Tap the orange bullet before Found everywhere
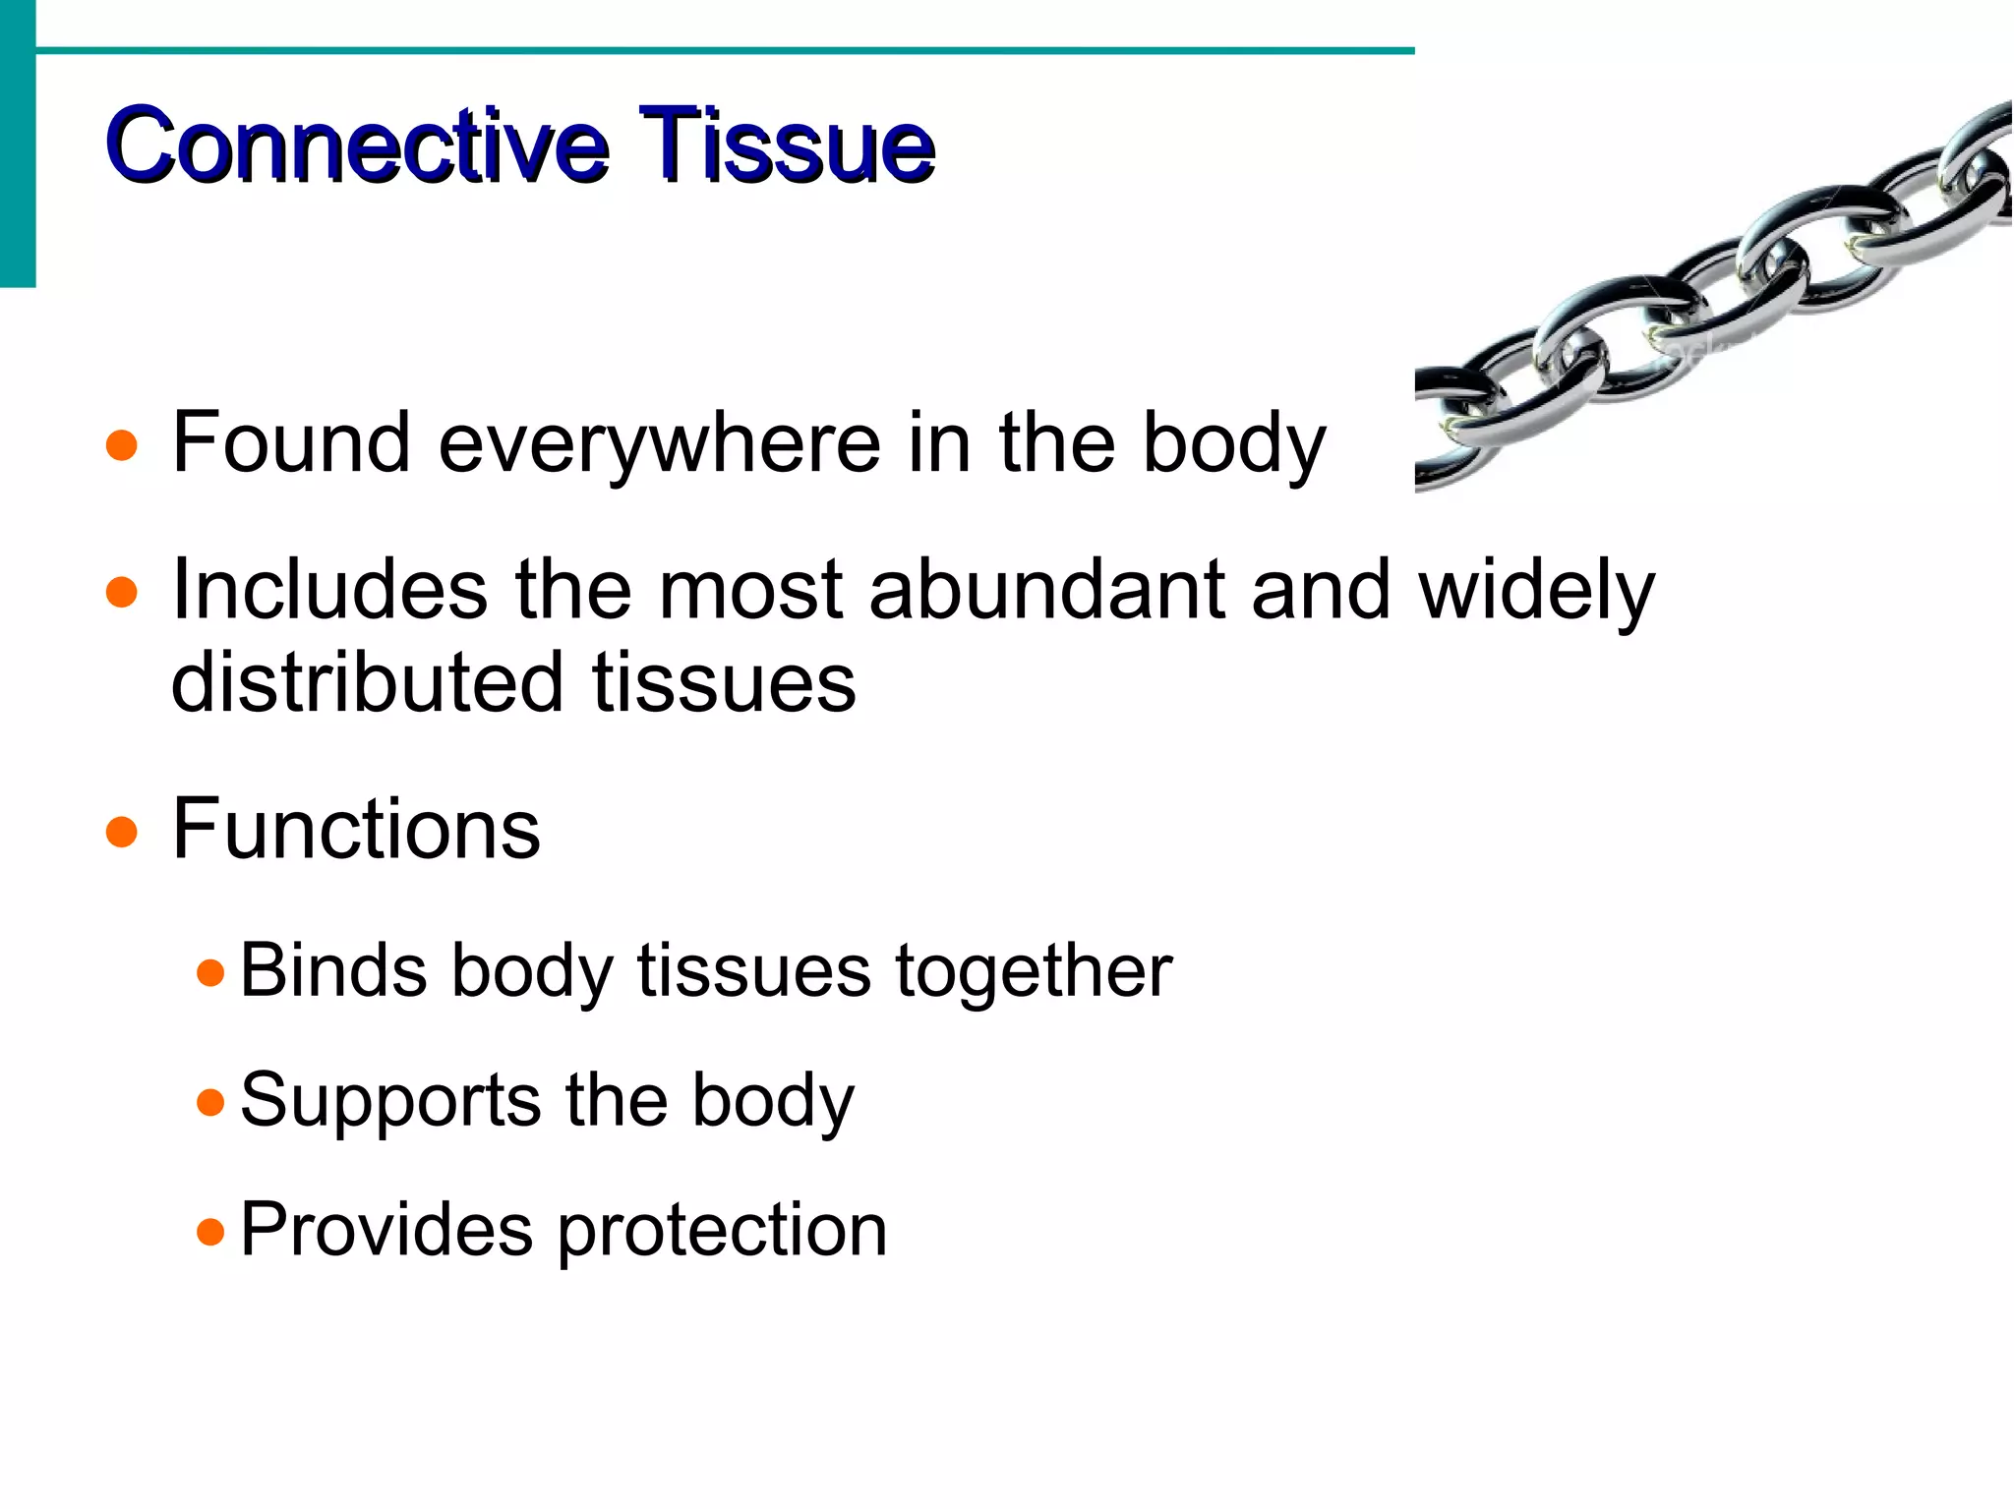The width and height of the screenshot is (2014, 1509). pos(121,445)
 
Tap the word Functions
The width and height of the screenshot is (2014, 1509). pos(356,829)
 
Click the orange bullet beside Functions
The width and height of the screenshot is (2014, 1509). pos(121,832)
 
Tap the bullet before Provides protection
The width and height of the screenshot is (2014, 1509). pos(210,1231)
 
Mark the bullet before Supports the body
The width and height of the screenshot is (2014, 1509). pos(210,1102)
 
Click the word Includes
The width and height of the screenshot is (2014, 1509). pos(329,590)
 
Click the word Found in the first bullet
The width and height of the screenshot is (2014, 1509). pos(291,443)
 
